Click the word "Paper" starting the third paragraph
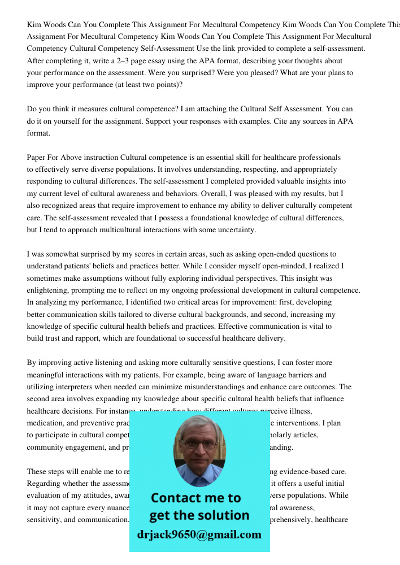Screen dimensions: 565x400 click(x=37, y=158)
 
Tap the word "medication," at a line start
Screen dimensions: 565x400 click(x=46, y=423)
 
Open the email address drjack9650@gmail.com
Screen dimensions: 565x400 click(x=199, y=534)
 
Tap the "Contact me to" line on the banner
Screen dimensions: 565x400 click(x=195, y=498)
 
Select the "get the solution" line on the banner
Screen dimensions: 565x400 click(x=199, y=515)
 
